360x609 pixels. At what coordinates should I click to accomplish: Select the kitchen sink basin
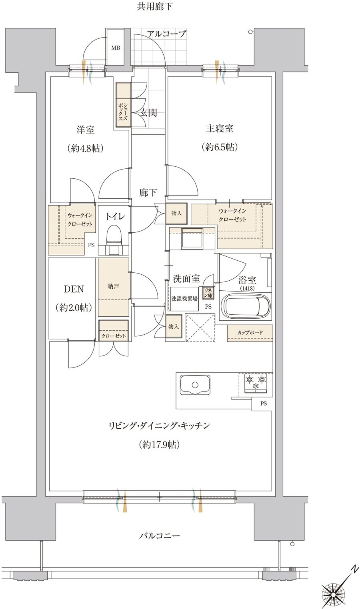(195, 385)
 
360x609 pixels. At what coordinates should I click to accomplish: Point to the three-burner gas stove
(256, 383)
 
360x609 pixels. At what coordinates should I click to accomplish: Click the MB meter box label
(115, 48)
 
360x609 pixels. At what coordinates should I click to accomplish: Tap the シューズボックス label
(123, 112)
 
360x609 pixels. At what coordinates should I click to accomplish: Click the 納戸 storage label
(113, 286)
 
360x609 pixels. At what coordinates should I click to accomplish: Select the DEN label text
(74, 289)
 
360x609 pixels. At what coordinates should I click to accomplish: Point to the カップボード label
(250, 333)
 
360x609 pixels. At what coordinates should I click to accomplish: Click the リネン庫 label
(208, 293)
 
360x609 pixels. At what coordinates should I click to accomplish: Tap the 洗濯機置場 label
(184, 299)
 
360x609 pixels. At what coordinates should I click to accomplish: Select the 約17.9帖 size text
(159, 445)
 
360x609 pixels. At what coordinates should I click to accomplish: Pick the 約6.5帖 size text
(220, 147)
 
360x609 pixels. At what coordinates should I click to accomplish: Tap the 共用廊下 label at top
(154, 6)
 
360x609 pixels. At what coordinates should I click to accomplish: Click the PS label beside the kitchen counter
(264, 403)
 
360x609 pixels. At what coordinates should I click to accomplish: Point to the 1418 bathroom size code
(247, 288)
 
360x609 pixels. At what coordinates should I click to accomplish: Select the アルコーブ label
(166, 34)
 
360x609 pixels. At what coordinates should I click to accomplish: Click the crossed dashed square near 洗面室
(200, 327)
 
